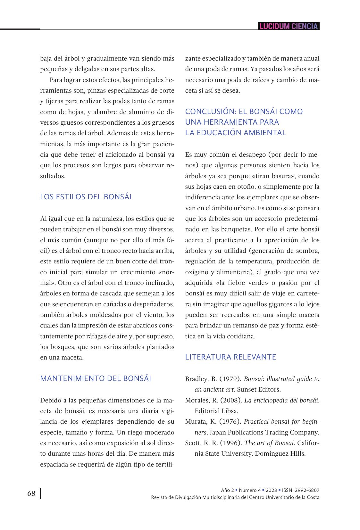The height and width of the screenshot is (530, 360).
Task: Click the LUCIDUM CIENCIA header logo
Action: pos(289,26)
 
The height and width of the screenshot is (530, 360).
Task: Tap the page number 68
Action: pos(31,493)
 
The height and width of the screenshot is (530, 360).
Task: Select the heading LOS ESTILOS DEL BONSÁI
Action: pos(86,197)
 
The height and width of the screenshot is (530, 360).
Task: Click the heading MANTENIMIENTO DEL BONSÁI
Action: pos(95,378)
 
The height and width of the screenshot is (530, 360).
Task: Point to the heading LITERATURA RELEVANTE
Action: pos(230,357)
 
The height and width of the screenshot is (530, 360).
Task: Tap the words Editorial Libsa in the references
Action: pos(216,411)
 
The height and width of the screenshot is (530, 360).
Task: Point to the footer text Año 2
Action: pos(228,490)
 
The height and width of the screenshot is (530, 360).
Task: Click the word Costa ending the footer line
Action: pos(313,497)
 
